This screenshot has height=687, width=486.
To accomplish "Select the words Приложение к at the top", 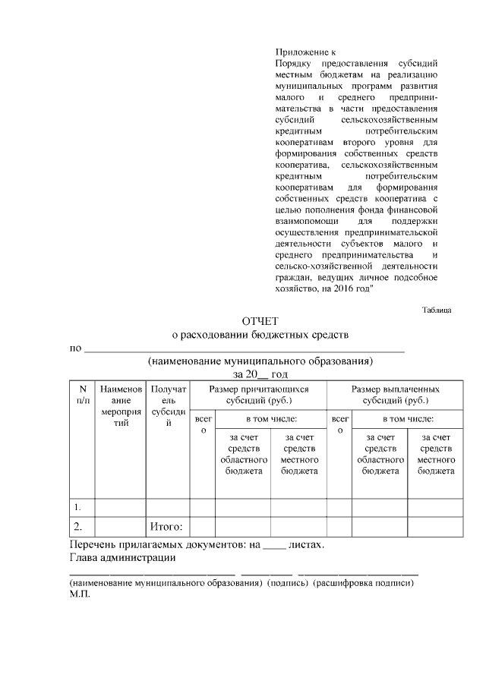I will tap(299, 52).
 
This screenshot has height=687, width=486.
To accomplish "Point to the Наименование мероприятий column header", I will tap(121, 406).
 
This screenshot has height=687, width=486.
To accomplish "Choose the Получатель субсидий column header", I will tap(168, 406).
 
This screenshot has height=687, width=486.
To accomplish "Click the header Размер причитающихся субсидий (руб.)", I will tap(257, 394).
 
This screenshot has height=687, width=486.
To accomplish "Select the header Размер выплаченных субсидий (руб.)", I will tap(395, 394).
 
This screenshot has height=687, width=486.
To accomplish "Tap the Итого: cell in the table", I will tap(168, 526).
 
